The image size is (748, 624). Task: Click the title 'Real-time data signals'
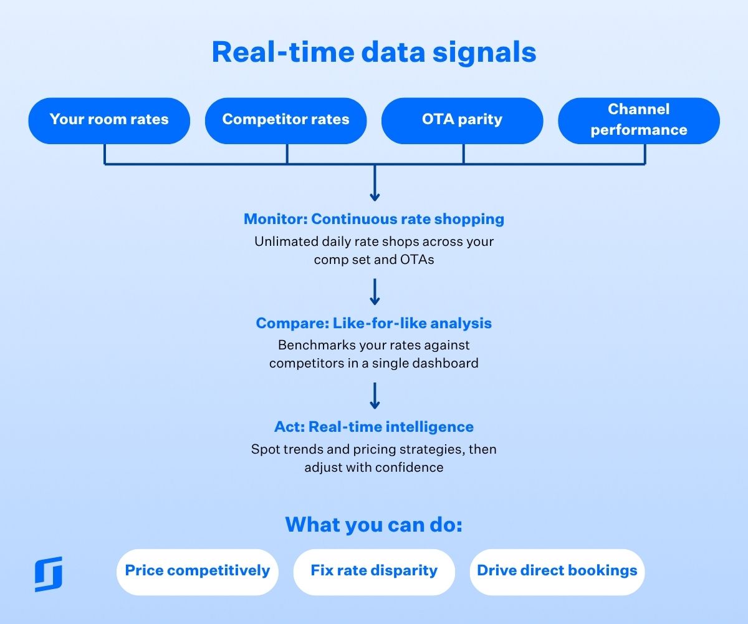374,52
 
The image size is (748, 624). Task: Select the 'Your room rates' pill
109,120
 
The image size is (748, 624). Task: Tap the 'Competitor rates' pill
285,120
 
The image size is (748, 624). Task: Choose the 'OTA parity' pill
462,120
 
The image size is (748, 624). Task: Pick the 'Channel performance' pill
638,120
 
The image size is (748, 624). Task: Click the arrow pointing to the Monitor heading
374,185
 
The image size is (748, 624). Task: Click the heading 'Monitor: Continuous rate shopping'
374,219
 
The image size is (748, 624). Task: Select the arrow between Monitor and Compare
374,291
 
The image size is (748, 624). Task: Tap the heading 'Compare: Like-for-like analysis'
374,323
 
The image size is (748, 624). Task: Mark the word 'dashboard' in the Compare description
447,363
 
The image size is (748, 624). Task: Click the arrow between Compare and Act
374,396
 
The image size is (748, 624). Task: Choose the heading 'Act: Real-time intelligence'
374,427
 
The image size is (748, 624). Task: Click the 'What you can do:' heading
374,524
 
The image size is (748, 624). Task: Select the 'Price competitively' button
197,571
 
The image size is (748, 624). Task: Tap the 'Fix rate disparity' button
374,571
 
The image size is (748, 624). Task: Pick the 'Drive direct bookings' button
557,571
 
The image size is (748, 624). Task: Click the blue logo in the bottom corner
49,573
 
